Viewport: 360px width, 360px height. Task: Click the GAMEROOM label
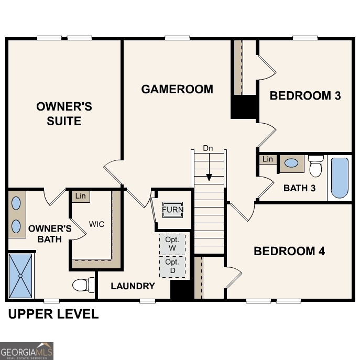tap(177, 89)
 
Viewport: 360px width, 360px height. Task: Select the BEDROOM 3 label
tap(305, 95)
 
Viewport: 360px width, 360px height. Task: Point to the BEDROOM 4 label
tap(289, 251)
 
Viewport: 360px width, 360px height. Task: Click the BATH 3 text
tap(299, 188)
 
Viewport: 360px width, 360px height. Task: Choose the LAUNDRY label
tap(133, 286)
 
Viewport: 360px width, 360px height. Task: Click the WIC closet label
tap(96, 224)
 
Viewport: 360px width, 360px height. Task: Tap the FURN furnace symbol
tap(172, 210)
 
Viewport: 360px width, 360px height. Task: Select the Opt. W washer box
tap(172, 244)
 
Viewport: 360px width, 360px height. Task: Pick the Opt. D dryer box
tap(172, 266)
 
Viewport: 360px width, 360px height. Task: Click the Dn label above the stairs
tap(208, 148)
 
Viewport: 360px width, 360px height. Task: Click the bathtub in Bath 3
tap(340, 178)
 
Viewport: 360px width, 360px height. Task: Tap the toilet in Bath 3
tap(315, 166)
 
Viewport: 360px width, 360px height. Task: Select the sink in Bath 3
tap(291, 163)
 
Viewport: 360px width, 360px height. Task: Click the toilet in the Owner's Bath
tap(83, 285)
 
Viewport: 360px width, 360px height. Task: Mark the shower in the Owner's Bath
tap(21, 275)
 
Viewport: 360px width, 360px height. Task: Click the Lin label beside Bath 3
tap(268, 159)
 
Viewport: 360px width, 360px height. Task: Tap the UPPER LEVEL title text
tap(53, 314)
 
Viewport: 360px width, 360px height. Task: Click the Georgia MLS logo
tap(27, 351)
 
